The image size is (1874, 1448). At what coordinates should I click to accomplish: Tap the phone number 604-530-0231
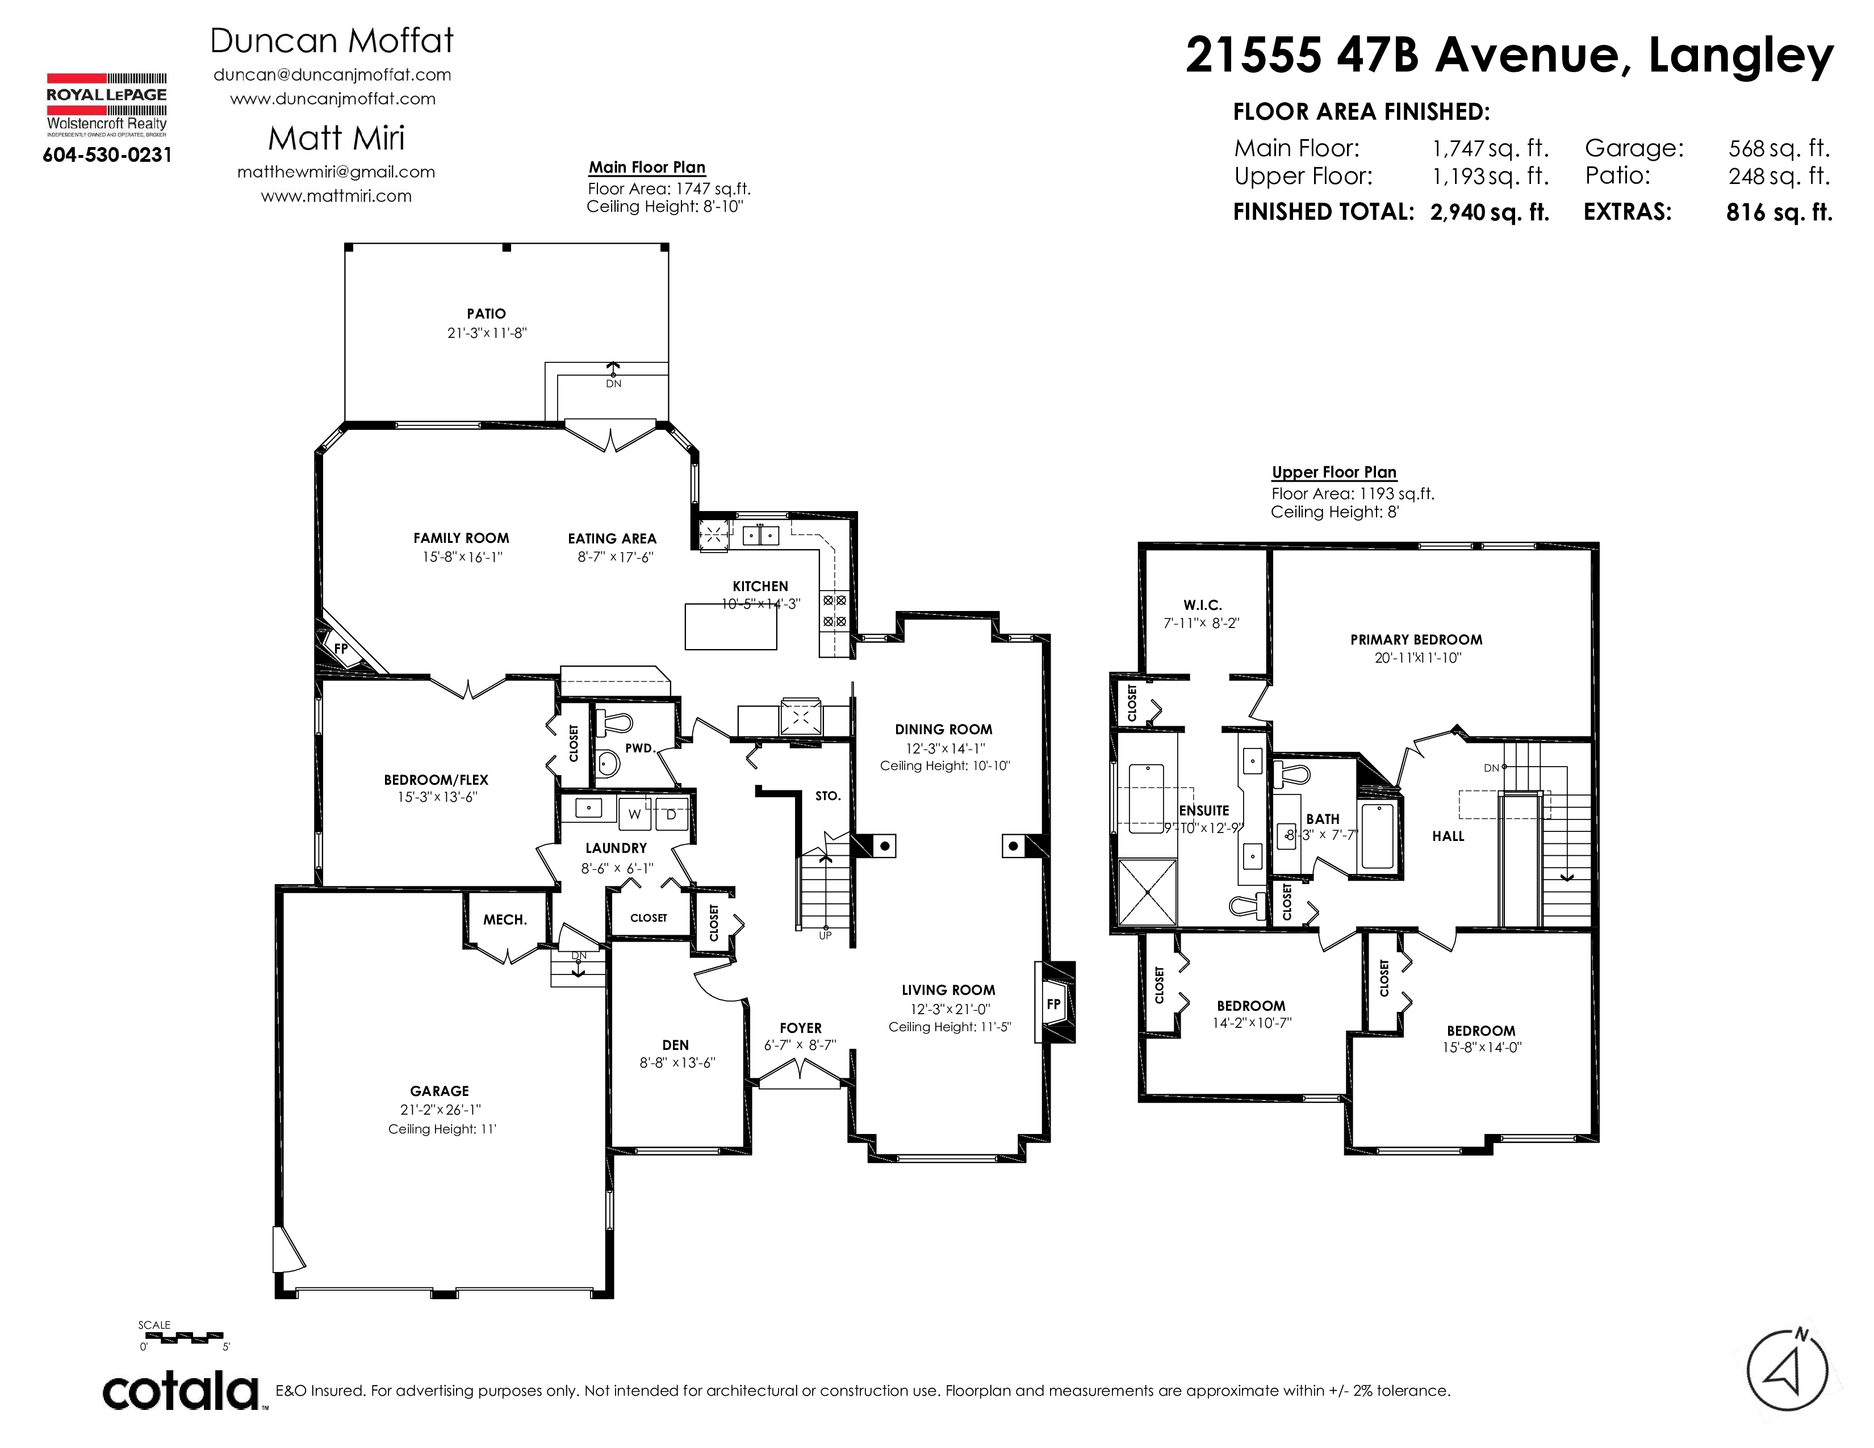pyautogui.click(x=107, y=155)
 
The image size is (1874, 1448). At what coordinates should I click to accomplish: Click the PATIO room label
pyautogui.click(x=487, y=314)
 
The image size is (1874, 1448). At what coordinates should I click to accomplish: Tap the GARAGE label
pyautogui.click(x=440, y=1091)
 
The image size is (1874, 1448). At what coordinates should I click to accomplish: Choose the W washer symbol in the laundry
pyautogui.click(x=634, y=815)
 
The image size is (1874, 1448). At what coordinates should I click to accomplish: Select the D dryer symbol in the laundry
pyautogui.click(x=671, y=815)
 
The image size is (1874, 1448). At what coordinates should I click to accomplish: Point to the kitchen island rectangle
pyautogui.click(x=731, y=626)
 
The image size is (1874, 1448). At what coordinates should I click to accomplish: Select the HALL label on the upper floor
pyautogui.click(x=1449, y=836)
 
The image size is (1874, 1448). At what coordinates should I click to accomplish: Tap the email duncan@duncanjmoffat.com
pyautogui.click(x=333, y=74)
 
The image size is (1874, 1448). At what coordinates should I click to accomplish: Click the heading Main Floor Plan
pyautogui.click(x=647, y=168)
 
